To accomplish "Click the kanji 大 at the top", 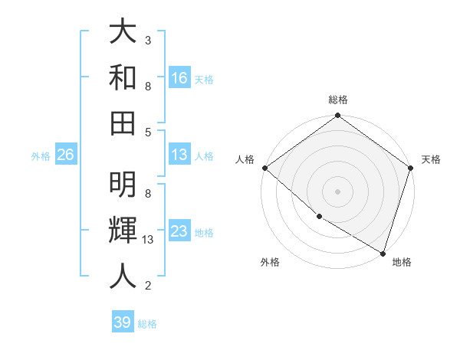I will (123, 33).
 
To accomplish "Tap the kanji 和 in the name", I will (123, 77).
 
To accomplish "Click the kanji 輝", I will (123, 230).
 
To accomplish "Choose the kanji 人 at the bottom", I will (123, 275).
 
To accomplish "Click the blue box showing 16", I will (179, 78).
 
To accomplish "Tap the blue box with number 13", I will (179, 155).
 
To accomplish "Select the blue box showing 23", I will (179, 231).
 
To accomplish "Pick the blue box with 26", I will (65, 155).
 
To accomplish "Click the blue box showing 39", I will (122, 322).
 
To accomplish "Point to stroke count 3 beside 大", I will (148, 40).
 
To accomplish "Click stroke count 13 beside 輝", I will (148, 240).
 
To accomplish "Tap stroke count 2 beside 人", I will (148, 286).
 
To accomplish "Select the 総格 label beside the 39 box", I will (147, 324).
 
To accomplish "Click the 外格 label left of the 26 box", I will (41, 156).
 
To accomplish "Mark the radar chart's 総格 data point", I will (337, 116).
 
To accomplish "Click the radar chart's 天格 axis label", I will (432, 159).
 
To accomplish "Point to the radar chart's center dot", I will (337, 191).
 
